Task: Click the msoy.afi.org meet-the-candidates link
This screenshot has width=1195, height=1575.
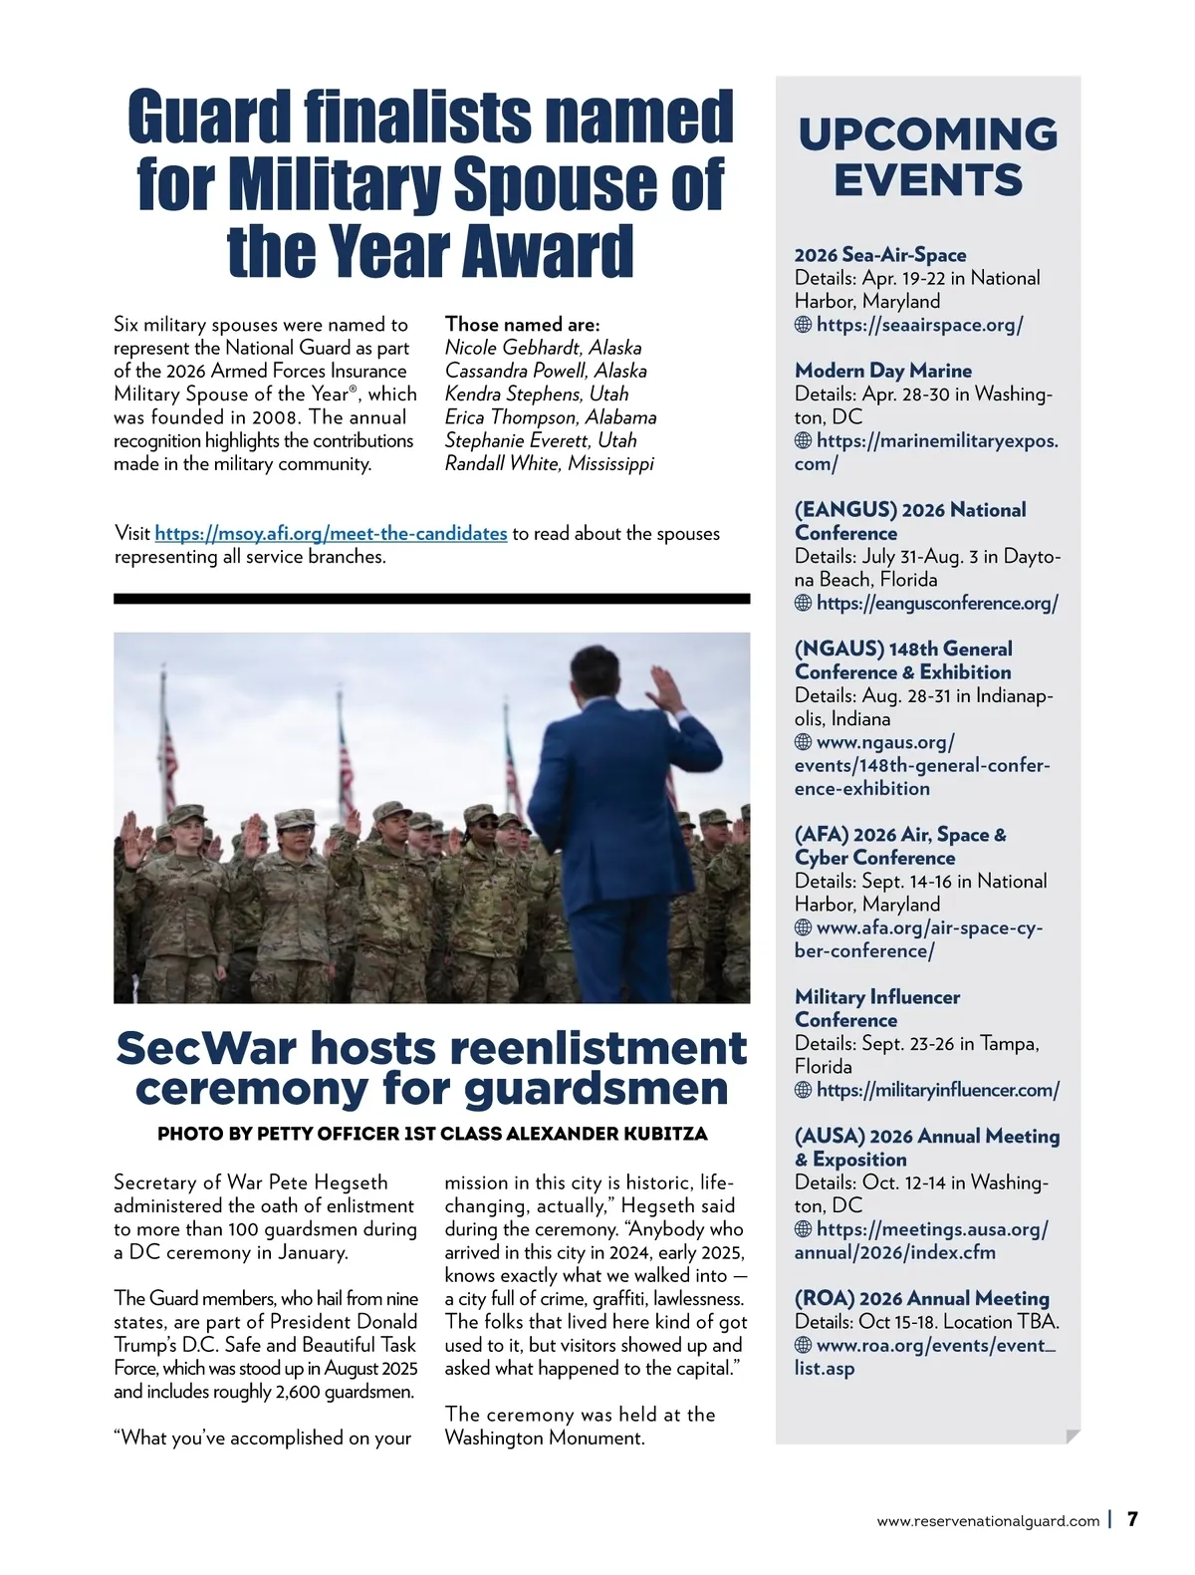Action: (x=331, y=534)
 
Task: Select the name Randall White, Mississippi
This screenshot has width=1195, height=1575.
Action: (x=549, y=464)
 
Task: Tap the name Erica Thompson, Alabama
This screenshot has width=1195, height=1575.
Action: (x=550, y=417)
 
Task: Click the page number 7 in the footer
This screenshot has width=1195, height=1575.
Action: (x=1132, y=1519)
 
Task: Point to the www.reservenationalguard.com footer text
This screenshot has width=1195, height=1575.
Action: (x=988, y=1521)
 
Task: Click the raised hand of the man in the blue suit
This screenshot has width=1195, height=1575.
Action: (x=660, y=683)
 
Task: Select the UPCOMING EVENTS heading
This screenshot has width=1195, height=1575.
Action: (x=928, y=157)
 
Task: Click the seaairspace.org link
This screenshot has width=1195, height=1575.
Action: (x=919, y=325)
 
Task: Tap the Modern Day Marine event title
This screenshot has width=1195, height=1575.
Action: (x=882, y=371)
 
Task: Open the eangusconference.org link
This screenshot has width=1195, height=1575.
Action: (x=936, y=603)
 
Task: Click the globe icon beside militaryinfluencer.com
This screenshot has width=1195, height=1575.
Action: (x=803, y=1090)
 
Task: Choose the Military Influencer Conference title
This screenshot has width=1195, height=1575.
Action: (x=876, y=1008)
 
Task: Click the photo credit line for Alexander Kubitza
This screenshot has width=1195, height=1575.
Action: (x=432, y=1134)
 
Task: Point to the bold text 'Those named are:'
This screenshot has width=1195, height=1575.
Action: (x=522, y=325)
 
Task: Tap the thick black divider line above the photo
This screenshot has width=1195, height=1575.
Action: (x=431, y=599)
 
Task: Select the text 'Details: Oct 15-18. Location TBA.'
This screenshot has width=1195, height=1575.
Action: (x=926, y=1322)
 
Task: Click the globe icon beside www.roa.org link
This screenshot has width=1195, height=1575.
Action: (x=803, y=1345)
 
